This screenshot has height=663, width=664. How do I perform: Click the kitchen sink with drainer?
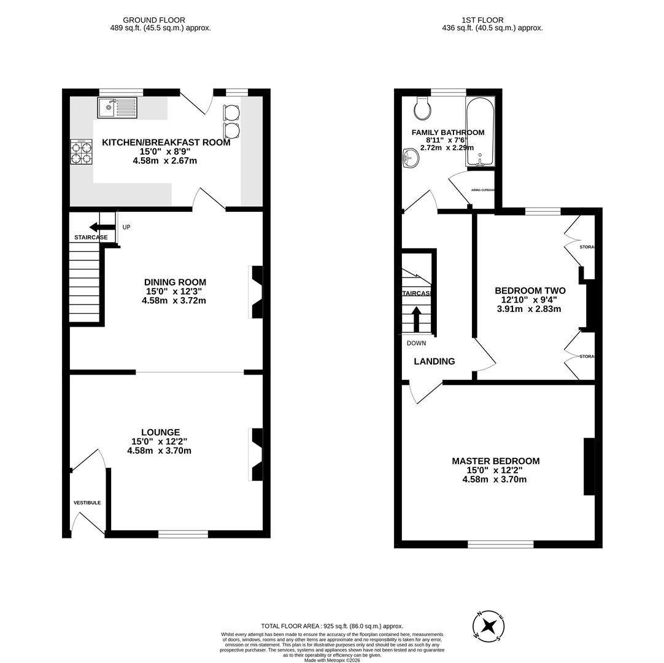(x=117, y=107)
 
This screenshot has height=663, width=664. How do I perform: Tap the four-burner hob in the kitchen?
(x=81, y=152)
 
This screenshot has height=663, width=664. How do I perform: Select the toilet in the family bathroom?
(x=422, y=109)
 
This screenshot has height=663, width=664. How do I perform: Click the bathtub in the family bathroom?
(x=480, y=131)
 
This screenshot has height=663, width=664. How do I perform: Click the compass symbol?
(x=488, y=627)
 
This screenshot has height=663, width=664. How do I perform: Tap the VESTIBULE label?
(x=87, y=503)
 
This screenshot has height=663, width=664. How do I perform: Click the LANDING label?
(x=434, y=362)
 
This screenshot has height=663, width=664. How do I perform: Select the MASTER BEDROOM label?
(x=495, y=461)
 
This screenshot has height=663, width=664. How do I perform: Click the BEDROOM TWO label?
(x=530, y=291)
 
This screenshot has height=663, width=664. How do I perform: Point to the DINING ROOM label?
(x=175, y=282)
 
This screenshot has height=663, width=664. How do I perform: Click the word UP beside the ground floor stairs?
(x=126, y=227)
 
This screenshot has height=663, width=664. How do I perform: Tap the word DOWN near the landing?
(x=416, y=343)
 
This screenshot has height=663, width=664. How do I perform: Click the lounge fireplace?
(x=257, y=454)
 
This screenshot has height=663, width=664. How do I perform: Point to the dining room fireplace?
(x=257, y=292)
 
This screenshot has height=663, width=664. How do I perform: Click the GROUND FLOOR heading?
(x=154, y=20)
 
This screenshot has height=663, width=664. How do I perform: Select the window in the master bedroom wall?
(x=500, y=544)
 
